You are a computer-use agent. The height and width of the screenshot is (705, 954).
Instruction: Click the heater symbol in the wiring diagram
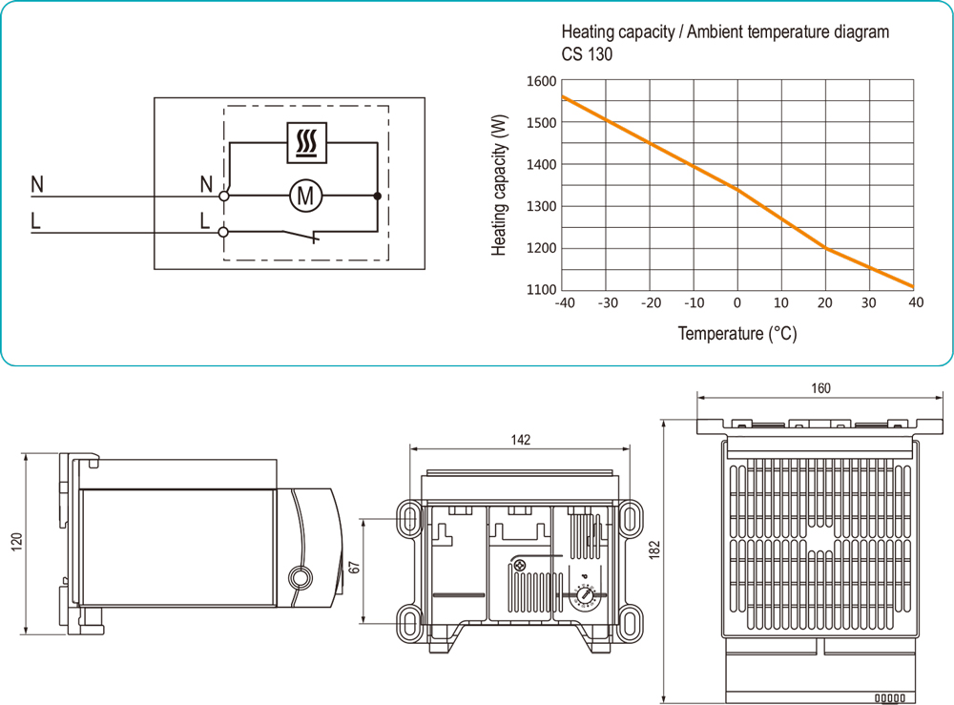(x=307, y=142)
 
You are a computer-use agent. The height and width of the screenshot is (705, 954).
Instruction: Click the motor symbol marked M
(x=306, y=197)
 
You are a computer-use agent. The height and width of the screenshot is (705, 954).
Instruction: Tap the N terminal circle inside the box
(x=224, y=196)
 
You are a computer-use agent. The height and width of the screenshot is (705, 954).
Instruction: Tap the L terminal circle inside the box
(x=224, y=231)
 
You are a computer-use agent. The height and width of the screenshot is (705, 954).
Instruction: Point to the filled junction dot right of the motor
(x=378, y=197)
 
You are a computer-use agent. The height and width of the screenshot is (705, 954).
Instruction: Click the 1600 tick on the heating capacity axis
(x=541, y=81)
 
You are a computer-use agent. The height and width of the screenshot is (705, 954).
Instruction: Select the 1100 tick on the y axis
(x=541, y=290)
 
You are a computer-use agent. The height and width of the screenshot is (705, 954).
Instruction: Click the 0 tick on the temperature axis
(x=737, y=303)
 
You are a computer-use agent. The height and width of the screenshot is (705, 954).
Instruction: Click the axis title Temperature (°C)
(x=737, y=334)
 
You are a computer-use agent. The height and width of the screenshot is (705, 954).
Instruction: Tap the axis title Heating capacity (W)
(x=499, y=185)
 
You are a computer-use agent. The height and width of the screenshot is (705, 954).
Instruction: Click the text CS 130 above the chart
(x=587, y=54)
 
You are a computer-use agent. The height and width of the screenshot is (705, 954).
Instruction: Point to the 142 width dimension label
(x=520, y=440)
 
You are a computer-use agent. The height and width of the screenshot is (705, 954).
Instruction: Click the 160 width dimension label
(x=820, y=388)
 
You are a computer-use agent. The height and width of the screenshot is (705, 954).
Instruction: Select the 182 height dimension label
(x=655, y=552)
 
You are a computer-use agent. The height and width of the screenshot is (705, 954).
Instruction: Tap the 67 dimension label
(x=354, y=567)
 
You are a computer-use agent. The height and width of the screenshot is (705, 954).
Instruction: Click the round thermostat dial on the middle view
(x=584, y=598)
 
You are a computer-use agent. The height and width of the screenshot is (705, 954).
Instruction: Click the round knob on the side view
(x=300, y=577)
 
